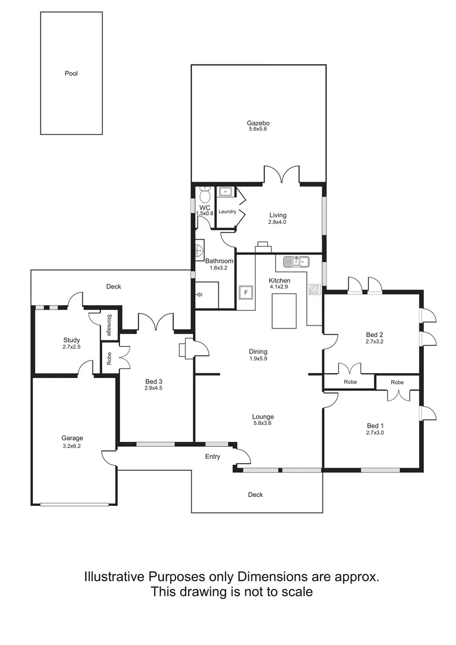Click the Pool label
pos(72,74)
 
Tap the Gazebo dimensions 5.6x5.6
pos(258,129)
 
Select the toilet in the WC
pos(205,195)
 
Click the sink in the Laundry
pos(226,192)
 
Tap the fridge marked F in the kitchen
pos(245,292)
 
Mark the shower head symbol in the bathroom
pos(200,294)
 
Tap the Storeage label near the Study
pos(110,325)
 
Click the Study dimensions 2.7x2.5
pos(72,347)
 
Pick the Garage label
pos(72,438)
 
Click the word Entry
pos(212,457)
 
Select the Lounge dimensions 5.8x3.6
pos(263,423)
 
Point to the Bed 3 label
pos(154,380)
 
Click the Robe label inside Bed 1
pos(398,382)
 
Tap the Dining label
pos(258,352)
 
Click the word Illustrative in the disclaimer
pos(115,577)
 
